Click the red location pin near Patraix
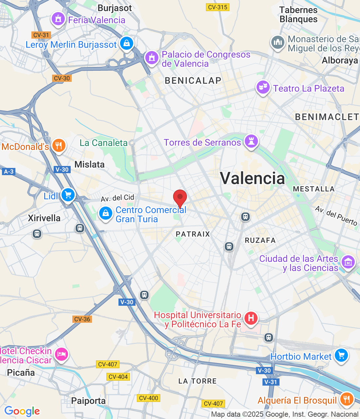180,197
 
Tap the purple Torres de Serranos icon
251,141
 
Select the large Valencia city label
252,178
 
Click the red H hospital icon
251,318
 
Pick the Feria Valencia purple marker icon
58,19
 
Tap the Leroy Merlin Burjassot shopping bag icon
126,43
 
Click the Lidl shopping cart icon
68,195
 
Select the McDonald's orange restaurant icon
59,145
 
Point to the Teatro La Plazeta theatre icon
263,87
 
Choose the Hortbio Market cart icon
341,355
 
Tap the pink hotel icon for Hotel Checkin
61,354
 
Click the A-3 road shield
9,171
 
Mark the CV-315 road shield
218,7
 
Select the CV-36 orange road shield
82,319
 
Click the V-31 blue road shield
271,382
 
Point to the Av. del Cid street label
117,198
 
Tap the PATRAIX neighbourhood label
193,234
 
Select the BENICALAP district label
193,81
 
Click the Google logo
22,411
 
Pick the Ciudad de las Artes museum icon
348,262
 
